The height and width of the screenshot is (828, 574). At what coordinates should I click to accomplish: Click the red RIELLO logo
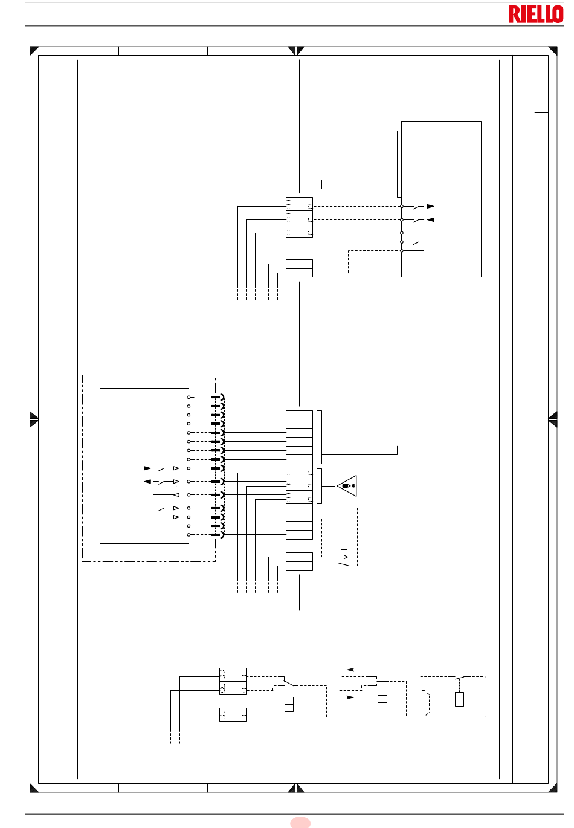click(535, 14)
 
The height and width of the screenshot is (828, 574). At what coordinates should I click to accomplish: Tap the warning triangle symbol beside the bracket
click(347, 486)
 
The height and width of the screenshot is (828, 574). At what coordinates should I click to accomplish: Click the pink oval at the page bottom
click(300, 823)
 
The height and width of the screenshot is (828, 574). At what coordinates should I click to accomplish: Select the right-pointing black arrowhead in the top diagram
click(430, 206)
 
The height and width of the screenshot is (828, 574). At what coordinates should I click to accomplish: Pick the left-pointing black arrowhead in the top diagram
click(430, 219)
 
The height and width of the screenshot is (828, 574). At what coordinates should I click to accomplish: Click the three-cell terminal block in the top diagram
click(299, 218)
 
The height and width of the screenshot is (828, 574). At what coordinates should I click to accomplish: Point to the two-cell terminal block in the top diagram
click(299, 268)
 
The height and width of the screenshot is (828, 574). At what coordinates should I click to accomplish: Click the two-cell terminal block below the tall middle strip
click(299, 561)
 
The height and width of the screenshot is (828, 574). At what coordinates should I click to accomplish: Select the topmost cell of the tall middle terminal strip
click(299, 415)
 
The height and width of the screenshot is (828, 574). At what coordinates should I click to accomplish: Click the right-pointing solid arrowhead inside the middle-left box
click(147, 468)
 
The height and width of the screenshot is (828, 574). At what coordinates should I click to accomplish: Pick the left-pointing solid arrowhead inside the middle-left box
click(147, 481)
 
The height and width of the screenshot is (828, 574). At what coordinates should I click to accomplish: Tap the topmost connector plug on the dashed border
click(218, 397)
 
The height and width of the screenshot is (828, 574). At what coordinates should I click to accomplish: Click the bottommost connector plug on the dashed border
click(218, 534)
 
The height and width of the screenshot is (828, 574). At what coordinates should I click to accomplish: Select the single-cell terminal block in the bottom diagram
click(233, 714)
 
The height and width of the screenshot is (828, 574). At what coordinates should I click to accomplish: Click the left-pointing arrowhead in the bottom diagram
click(350, 670)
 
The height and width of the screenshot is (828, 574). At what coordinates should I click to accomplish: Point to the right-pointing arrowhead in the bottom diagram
click(350, 697)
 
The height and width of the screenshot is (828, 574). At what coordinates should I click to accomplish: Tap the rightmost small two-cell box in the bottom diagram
click(459, 699)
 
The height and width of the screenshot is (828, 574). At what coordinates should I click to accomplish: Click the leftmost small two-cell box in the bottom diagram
click(289, 704)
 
